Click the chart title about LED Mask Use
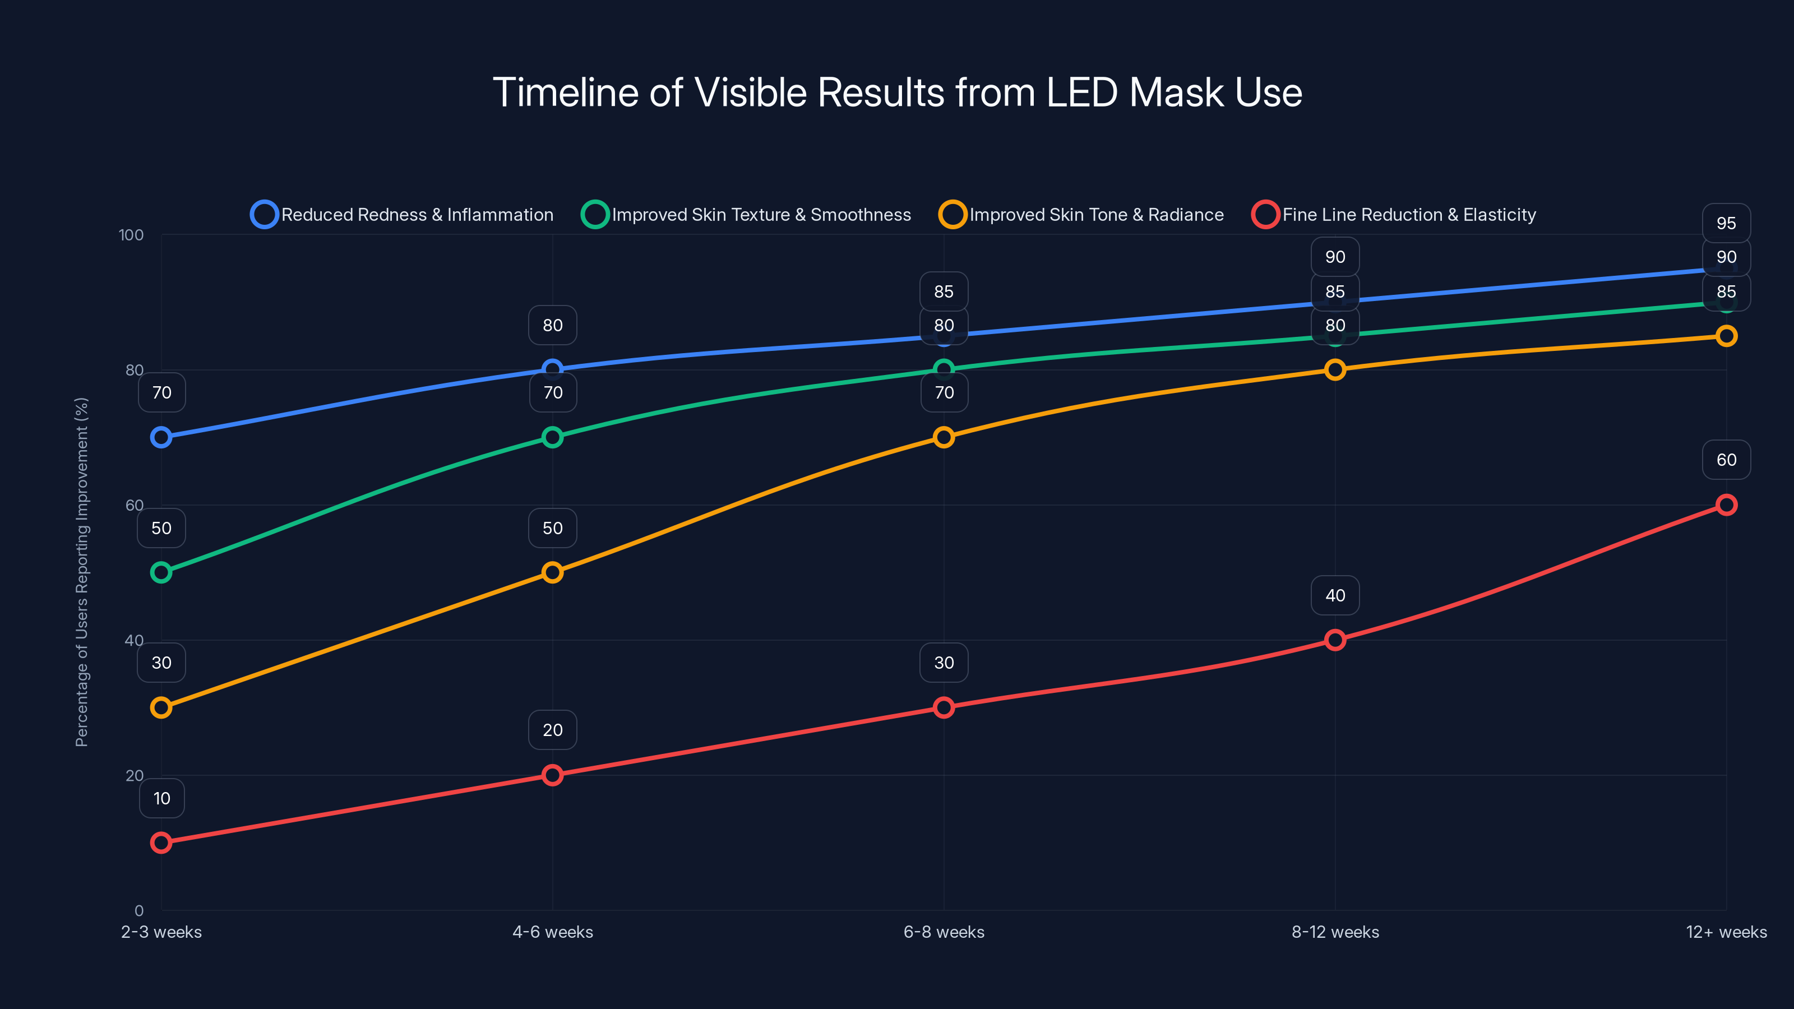click(x=897, y=92)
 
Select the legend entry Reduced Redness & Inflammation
click(x=403, y=215)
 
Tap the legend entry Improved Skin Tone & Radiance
click(x=1081, y=215)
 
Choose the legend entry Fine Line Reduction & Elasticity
click(x=1394, y=215)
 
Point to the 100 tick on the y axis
click(x=131, y=235)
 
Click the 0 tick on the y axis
click(x=138, y=911)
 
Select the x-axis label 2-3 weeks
click(x=161, y=932)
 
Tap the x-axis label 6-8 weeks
click(x=944, y=932)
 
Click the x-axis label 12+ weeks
click(x=1726, y=932)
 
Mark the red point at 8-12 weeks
click(x=1335, y=640)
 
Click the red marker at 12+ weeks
click(x=1726, y=505)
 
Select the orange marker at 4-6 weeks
click(x=552, y=572)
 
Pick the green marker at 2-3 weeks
click(x=161, y=572)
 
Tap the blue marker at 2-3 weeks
click(x=161, y=437)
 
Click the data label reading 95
click(x=1726, y=224)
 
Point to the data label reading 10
click(x=161, y=798)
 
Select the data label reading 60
click(x=1726, y=460)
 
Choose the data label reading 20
click(x=552, y=730)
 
